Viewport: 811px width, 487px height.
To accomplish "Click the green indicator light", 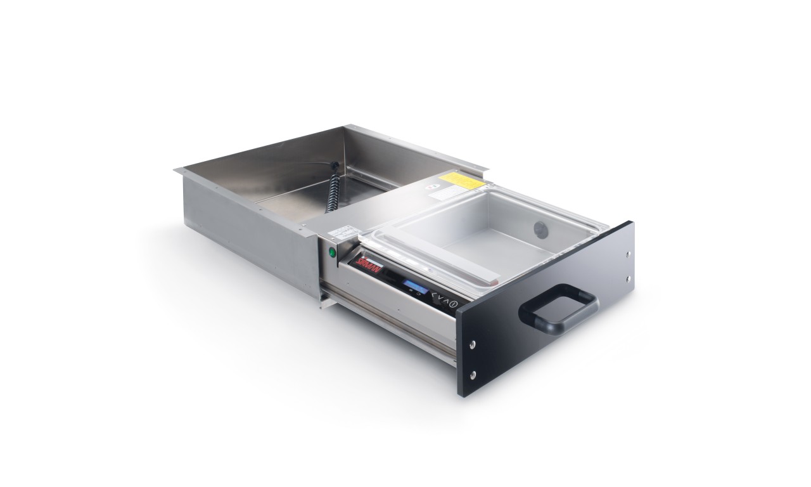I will pyautogui.click(x=331, y=252).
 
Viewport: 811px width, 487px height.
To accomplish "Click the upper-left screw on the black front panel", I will pyautogui.click(x=473, y=344).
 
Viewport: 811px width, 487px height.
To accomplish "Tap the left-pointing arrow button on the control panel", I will pyautogui.click(x=433, y=295).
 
